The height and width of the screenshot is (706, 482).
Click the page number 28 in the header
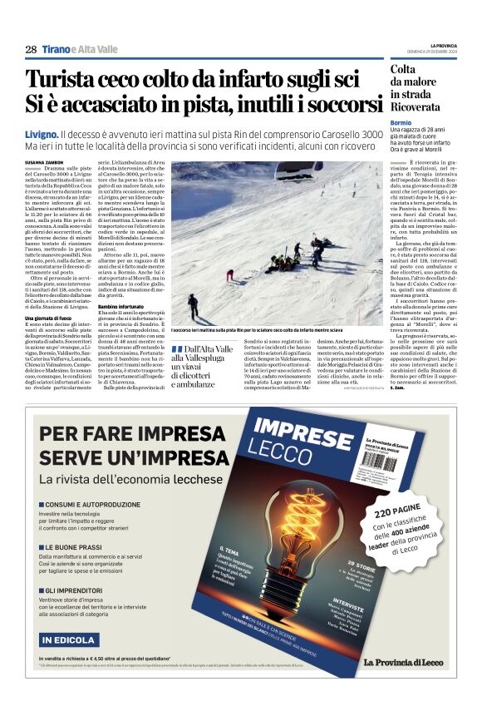[x=30, y=50]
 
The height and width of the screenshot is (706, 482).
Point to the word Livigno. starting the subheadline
[x=42, y=134]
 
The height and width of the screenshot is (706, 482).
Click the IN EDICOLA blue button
[x=69, y=639]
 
